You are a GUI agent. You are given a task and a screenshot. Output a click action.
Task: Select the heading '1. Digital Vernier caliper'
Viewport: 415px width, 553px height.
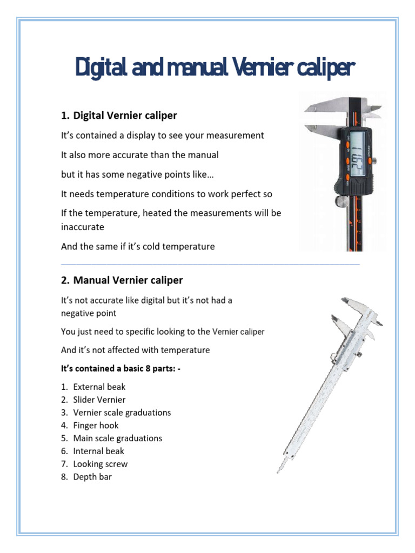[x=119, y=116]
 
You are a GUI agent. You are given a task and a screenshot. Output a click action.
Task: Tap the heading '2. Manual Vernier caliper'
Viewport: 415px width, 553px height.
[x=122, y=280]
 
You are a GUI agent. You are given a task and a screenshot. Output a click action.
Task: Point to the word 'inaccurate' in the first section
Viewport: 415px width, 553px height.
[x=82, y=227]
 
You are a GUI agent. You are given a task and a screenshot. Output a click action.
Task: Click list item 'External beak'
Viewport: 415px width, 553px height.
[x=99, y=387]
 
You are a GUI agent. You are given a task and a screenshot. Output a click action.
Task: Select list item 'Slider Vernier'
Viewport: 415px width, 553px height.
[x=99, y=400]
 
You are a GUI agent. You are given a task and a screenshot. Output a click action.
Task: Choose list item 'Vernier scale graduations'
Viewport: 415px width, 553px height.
[x=122, y=413]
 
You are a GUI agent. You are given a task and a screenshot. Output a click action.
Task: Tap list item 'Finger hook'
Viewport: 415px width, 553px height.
[x=96, y=426]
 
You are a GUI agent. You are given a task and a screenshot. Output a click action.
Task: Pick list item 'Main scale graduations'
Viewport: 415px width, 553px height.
[x=118, y=439]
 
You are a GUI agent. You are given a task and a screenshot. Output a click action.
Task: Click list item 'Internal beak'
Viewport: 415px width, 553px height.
[x=99, y=451]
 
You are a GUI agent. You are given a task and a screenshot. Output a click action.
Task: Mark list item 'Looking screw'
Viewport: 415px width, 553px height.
[x=101, y=464]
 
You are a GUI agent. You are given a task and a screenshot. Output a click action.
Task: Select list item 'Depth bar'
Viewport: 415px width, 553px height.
[x=92, y=477]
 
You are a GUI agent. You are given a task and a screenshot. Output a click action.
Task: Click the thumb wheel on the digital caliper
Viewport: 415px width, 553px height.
[x=340, y=201]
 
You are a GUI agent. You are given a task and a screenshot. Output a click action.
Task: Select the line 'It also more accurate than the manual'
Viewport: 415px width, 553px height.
[x=139, y=155]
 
